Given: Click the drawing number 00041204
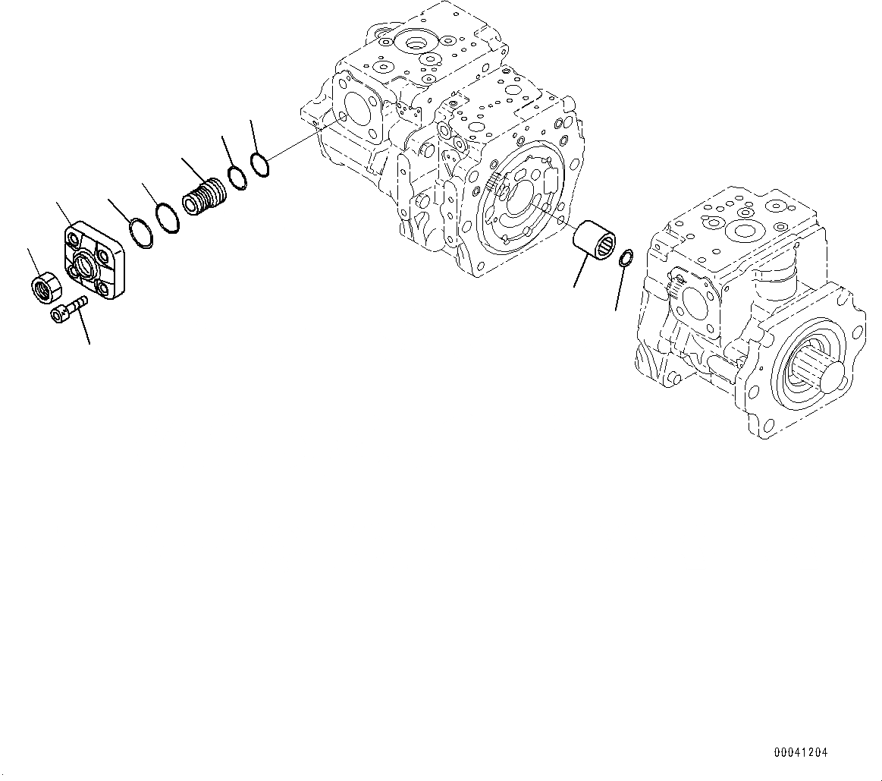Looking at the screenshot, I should tap(801, 753).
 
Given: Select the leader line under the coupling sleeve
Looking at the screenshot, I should tap(582, 272).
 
